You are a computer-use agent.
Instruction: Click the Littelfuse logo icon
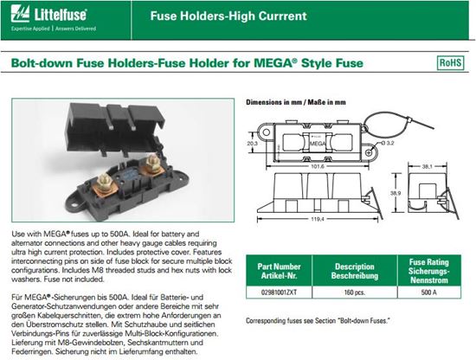click(20, 14)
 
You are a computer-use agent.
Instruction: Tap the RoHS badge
click(451, 63)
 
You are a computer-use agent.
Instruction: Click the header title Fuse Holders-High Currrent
click(228, 16)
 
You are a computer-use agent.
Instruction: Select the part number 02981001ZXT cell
click(279, 292)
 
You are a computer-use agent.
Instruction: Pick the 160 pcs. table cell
click(355, 292)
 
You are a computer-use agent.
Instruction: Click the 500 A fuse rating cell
click(429, 292)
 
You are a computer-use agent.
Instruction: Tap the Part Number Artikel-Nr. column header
click(279, 271)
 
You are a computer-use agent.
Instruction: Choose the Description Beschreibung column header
click(355, 271)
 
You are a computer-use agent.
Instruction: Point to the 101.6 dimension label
click(318, 166)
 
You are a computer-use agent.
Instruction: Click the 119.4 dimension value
click(318, 219)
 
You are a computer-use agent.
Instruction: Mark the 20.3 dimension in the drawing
click(252, 143)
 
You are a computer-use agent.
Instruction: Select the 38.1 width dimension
click(427, 166)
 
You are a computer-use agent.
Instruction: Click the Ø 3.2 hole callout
click(386, 143)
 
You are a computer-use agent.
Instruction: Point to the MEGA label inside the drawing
click(318, 144)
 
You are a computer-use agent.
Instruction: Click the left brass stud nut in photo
click(104, 181)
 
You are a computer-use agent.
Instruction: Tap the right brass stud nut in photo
click(152, 163)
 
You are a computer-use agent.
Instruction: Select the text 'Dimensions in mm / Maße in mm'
click(296, 102)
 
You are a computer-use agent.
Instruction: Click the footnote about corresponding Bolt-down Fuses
click(318, 320)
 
